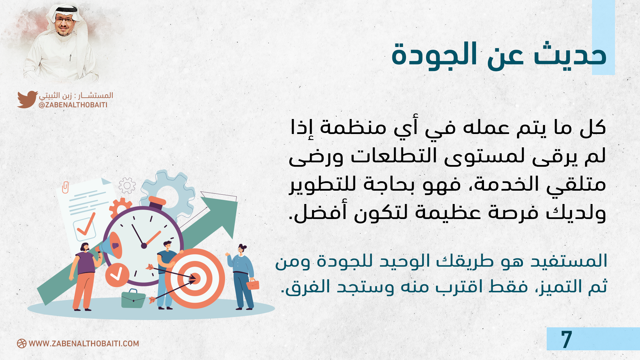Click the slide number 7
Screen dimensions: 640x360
pyautogui.click(x=566, y=339)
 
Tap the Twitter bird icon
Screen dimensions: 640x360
pyautogui.click(x=27, y=99)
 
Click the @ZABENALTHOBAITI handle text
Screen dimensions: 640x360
pyautogui.click(x=73, y=105)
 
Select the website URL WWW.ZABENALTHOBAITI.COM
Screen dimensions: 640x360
pyautogui.click(x=84, y=344)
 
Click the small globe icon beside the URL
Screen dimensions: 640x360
pyautogui.click(x=22, y=344)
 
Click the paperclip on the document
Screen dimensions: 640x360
pyautogui.click(x=65, y=187)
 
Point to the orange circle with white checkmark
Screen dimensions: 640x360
pyautogui.click(x=117, y=275)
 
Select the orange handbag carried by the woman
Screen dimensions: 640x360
pyautogui.click(x=253, y=284)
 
